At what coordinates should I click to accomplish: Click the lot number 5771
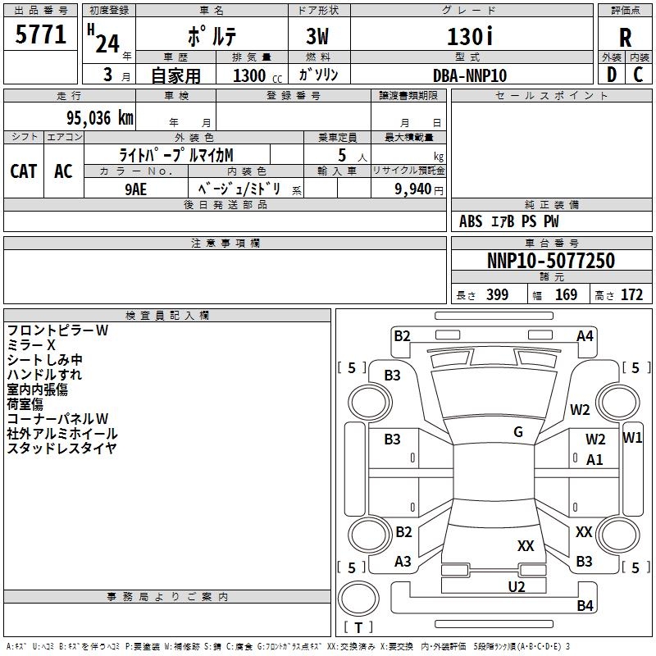coord(40,34)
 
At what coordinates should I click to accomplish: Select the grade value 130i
coord(470,36)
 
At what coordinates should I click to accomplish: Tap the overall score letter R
coord(625,38)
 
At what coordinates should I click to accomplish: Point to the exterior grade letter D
coord(612,75)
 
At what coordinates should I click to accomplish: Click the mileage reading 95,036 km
coord(100,118)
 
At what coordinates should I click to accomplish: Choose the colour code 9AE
coord(135,189)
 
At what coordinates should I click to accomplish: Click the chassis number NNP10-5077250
coord(551,260)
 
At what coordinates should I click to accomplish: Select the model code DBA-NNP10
coord(470,75)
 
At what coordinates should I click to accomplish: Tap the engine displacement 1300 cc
coord(257,75)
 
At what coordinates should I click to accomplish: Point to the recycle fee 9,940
coord(413,189)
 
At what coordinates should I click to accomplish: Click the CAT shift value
coord(24,171)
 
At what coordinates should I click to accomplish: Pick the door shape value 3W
coord(317,36)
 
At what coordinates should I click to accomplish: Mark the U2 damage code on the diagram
coord(517,586)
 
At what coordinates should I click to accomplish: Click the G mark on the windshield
coord(518,432)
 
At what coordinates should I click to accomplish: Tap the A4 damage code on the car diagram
coord(585,336)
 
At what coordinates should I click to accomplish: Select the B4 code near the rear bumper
coord(585,605)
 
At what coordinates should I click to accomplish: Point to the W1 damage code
coord(632,438)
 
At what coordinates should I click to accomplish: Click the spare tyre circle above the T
coord(358,599)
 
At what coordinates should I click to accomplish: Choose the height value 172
coord(631,295)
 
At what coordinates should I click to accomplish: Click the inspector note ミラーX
coord(31,345)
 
